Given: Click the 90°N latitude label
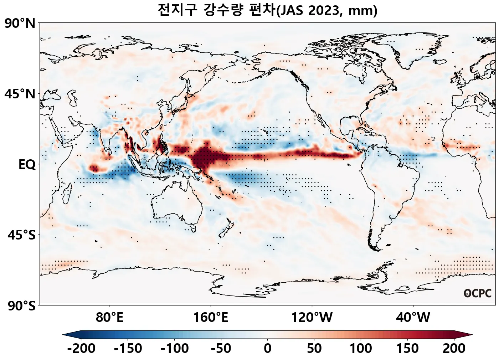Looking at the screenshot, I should pos(20,24).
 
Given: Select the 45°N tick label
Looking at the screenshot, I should pos(20,94).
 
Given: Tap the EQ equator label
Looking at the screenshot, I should pos(27,165).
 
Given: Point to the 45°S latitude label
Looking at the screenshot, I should pos(21,236).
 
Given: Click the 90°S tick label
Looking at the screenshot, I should pos(21,306).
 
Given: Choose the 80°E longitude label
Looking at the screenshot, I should pos(109,317).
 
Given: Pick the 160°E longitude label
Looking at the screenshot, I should pos(211,317).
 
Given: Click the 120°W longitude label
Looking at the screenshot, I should pos(312,317).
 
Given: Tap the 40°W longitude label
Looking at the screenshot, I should pos(413,317).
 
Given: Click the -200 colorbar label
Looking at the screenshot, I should pos(81,348).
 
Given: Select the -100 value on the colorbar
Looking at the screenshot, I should pos(175,348).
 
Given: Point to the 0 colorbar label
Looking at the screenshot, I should pos(268,348).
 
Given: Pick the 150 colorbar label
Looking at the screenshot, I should pos(407,348).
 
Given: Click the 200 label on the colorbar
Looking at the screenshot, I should pos(454,348).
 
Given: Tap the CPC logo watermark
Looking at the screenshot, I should pos(478,293).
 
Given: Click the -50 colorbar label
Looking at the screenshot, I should pos(221,348).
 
